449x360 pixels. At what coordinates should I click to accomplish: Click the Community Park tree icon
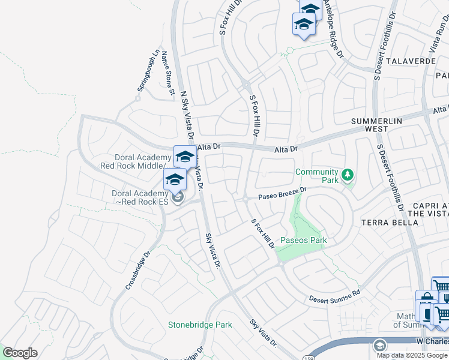pyautogui.click(x=347, y=175)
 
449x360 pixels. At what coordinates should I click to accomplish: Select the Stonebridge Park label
pyautogui.click(x=200, y=325)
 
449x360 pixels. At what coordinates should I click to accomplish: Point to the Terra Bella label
pyautogui.click(x=390, y=223)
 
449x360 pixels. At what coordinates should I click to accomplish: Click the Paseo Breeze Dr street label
pyautogui.click(x=283, y=194)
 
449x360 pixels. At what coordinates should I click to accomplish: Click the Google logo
pyautogui.click(x=20, y=353)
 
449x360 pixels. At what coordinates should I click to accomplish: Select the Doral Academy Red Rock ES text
pyautogui.click(x=139, y=197)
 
